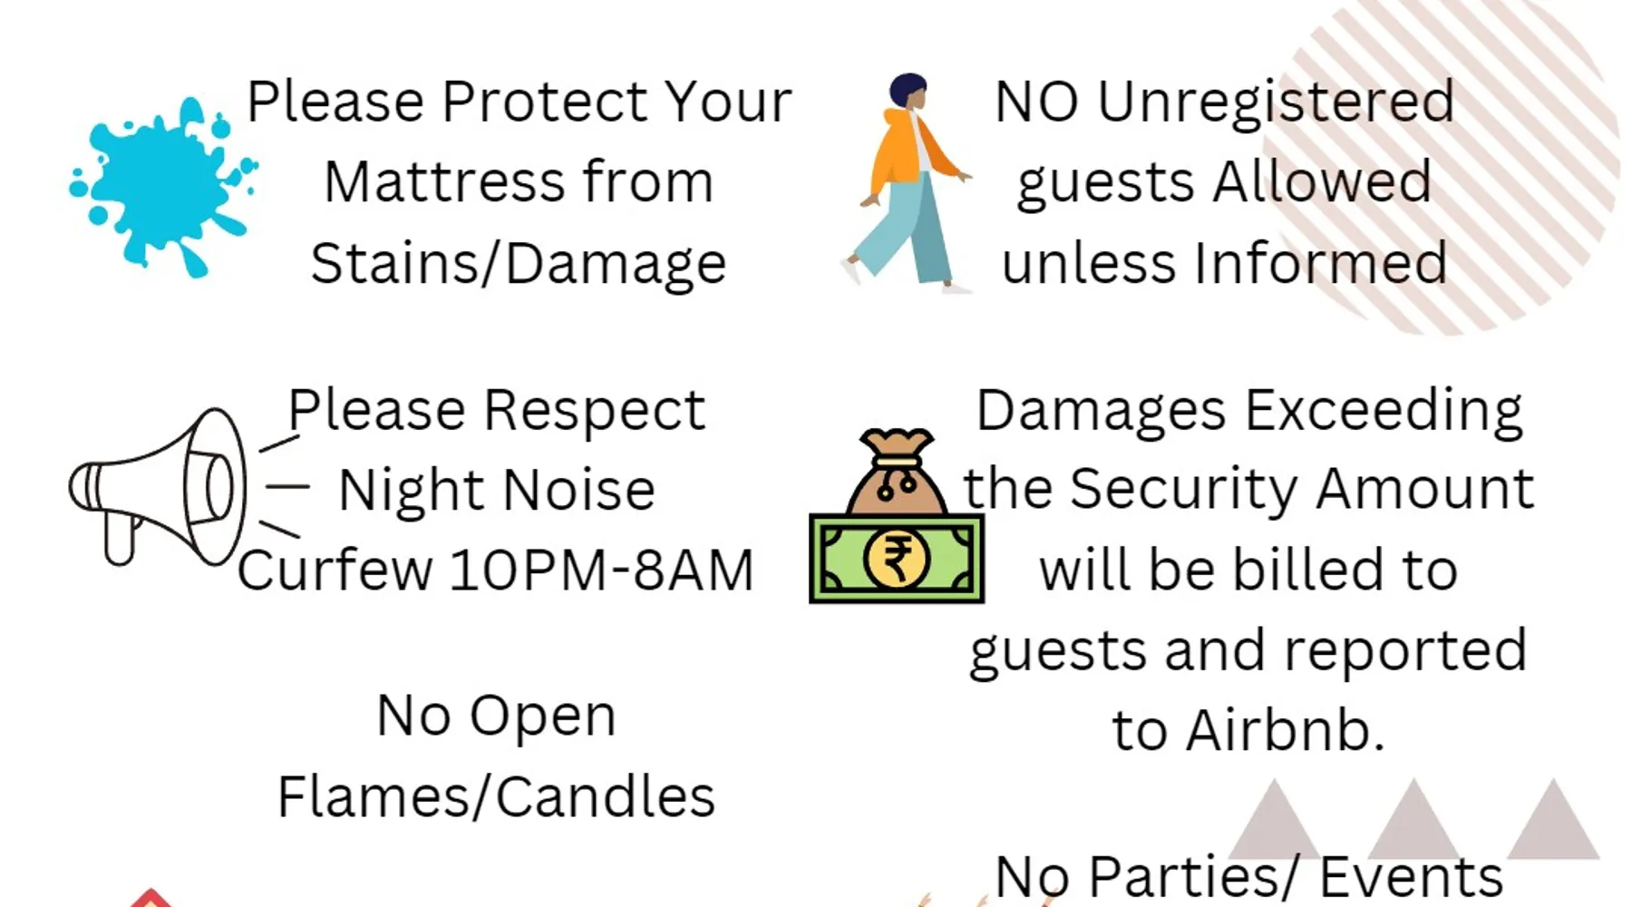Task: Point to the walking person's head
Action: click(909, 92)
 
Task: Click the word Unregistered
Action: click(1276, 102)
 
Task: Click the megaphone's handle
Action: click(121, 538)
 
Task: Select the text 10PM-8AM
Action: click(601, 571)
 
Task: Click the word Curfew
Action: click(335, 571)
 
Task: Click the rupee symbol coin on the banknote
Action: click(897, 559)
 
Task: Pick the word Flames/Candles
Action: click(496, 796)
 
